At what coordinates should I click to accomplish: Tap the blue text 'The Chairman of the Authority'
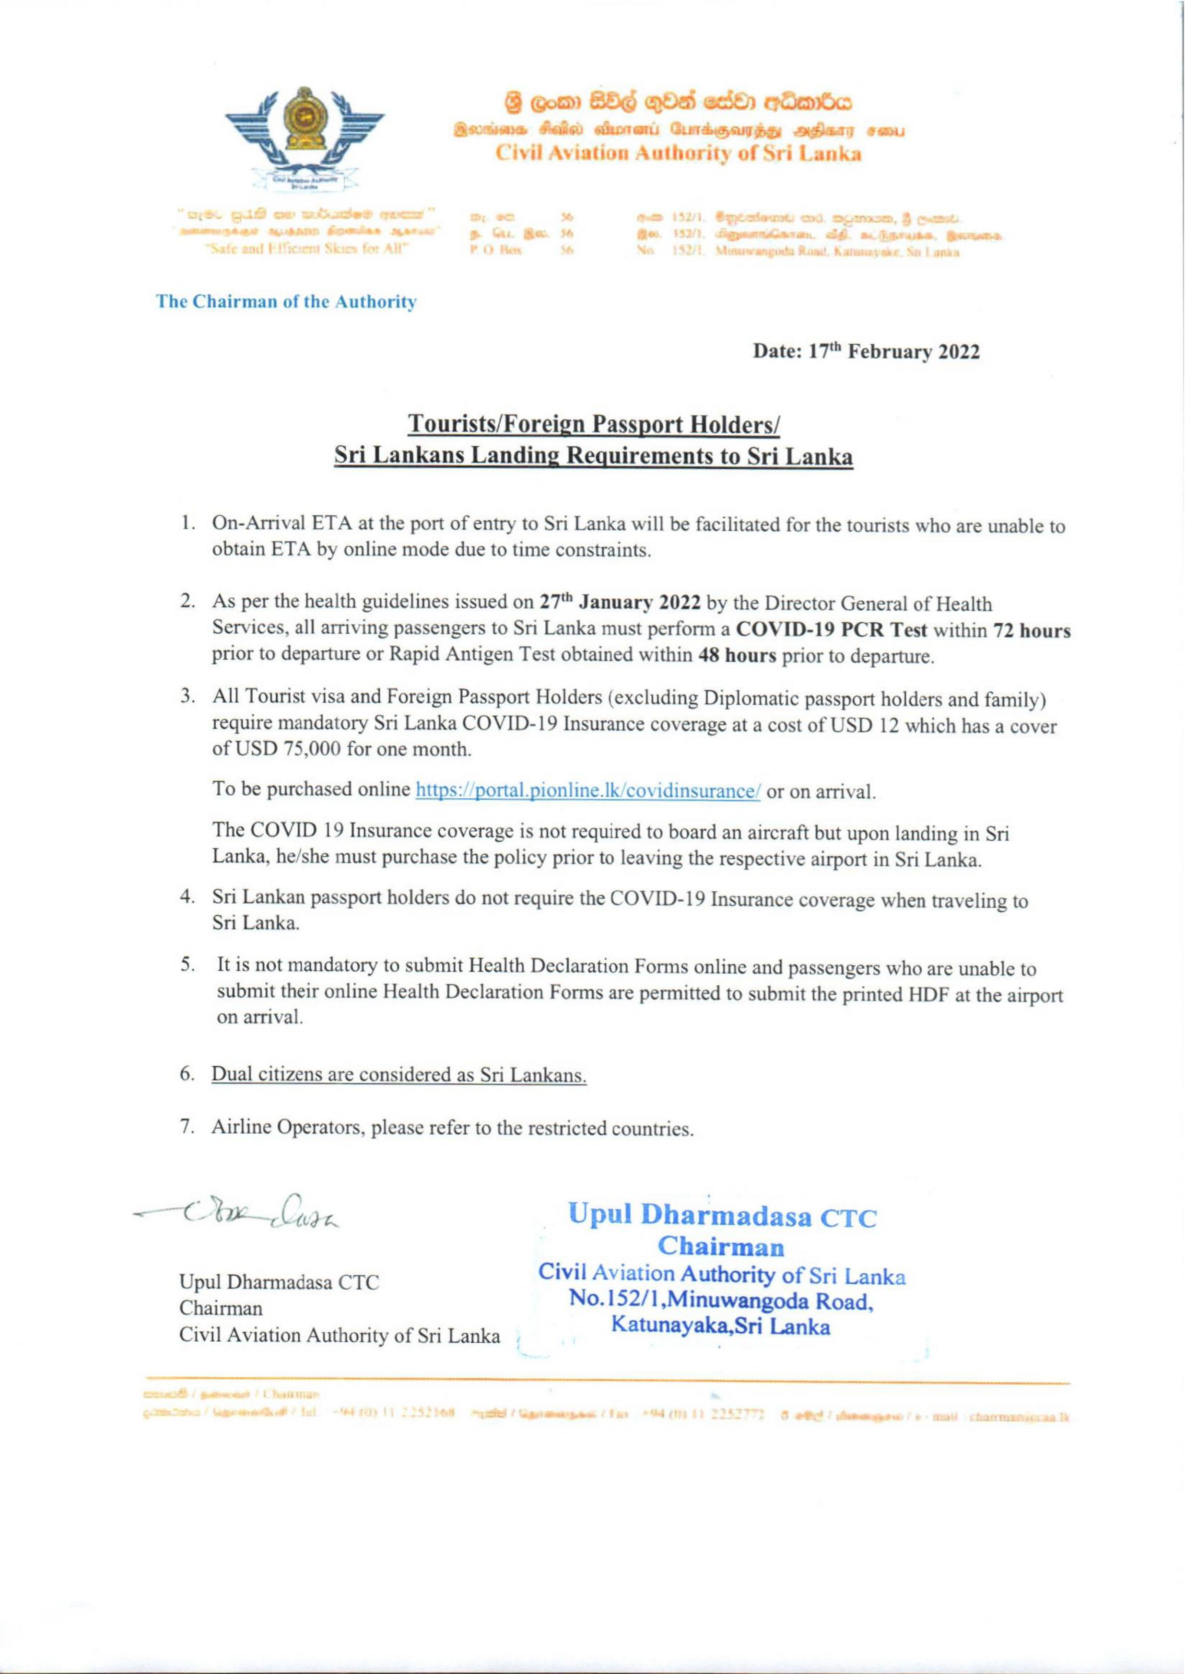[287, 302]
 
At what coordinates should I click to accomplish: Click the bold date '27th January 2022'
[620, 603]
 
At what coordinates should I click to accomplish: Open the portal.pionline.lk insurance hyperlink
[588, 791]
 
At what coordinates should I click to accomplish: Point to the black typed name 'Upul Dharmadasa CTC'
[280, 1282]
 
